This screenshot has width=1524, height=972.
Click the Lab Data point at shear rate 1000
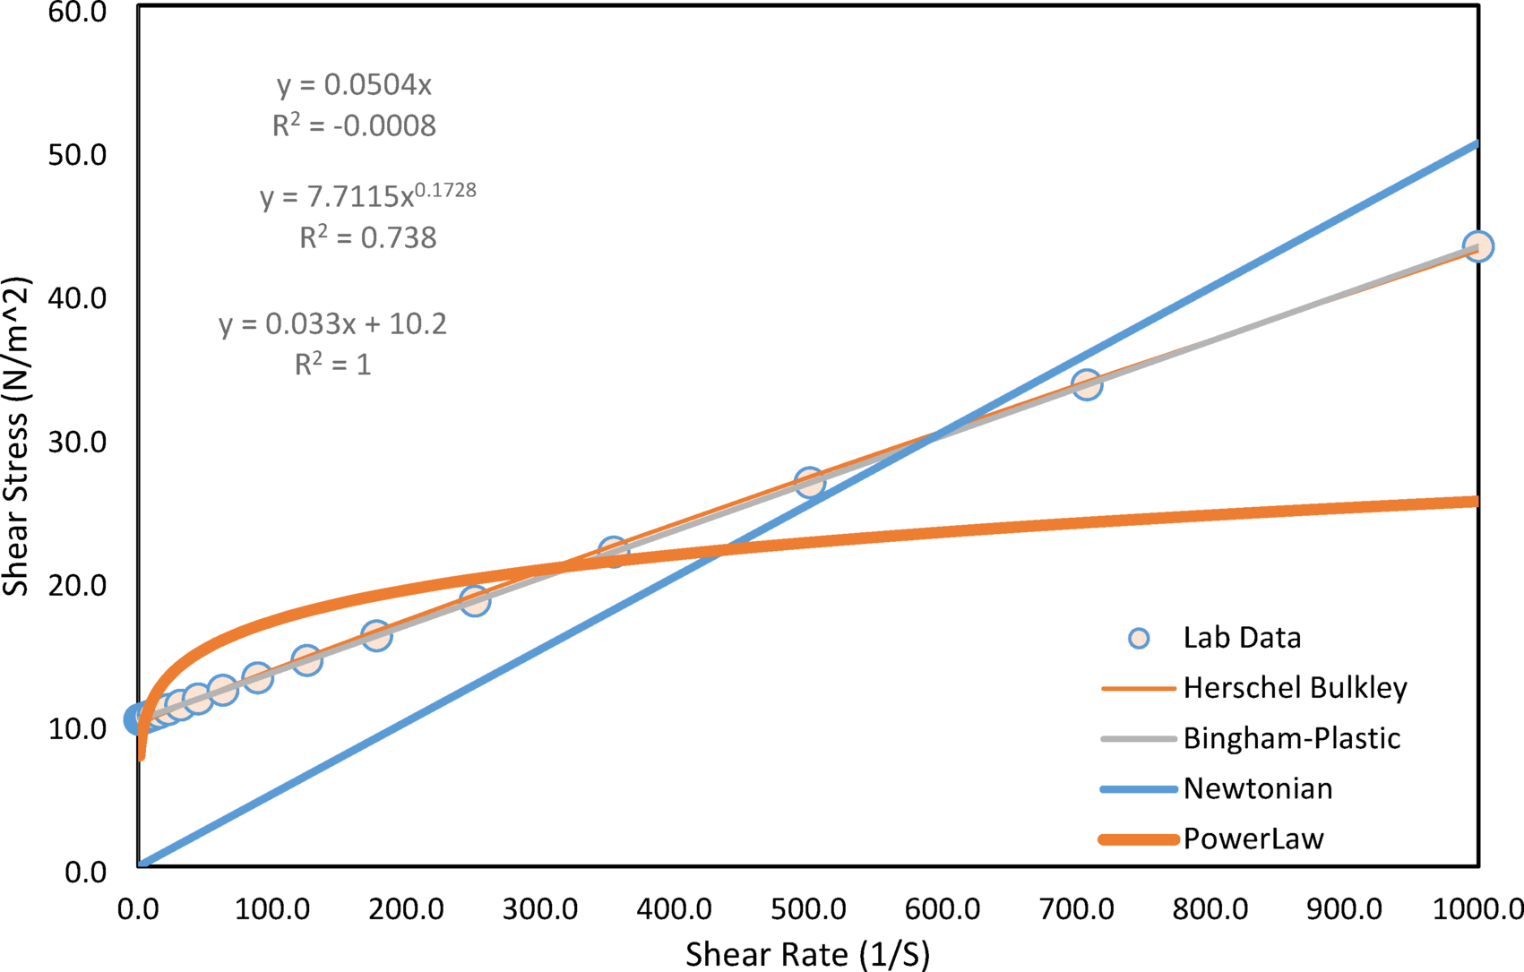point(1477,245)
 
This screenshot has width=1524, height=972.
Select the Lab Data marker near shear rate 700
point(1086,385)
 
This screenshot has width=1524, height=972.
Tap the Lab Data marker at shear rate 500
point(809,482)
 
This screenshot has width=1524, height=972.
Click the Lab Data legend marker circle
point(1138,638)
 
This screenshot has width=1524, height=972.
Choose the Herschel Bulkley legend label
point(1295,688)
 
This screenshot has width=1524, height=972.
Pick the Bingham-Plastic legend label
point(1291,738)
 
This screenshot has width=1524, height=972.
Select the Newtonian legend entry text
point(1257,788)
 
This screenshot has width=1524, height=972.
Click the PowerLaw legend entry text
point(1253,839)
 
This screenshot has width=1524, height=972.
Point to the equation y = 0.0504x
point(354,85)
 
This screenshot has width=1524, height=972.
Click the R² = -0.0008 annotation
point(354,125)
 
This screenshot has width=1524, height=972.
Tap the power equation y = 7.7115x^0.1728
point(367,195)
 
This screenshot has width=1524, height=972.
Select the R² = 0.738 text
point(367,237)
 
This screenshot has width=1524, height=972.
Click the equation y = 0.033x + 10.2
point(332,323)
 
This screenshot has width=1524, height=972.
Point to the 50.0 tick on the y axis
point(76,154)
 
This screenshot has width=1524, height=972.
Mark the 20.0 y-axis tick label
point(76,585)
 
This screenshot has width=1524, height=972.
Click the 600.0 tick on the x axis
point(942,909)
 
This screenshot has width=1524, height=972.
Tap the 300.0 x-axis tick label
point(539,909)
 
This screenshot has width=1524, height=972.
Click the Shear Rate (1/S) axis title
point(807,954)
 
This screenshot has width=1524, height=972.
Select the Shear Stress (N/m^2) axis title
point(16,436)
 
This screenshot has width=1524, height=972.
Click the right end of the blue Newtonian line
point(1475,143)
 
